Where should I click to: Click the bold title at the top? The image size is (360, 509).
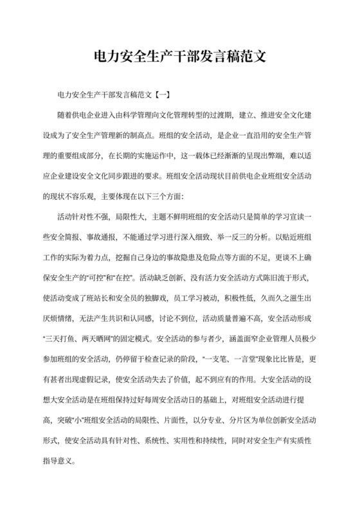tap(179, 57)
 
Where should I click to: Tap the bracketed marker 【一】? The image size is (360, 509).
tap(159, 94)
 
